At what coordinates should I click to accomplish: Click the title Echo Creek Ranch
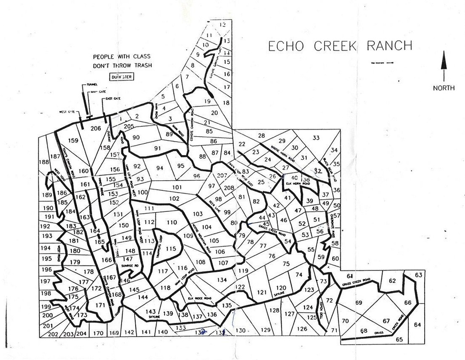(x=340, y=46)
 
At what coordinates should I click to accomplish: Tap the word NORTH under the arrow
(x=443, y=88)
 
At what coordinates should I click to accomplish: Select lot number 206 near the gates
(x=96, y=128)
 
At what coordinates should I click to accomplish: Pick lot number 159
(x=73, y=140)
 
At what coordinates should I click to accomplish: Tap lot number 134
(x=222, y=280)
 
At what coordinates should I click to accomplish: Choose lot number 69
(x=359, y=303)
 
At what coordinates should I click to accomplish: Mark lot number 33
(x=316, y=137)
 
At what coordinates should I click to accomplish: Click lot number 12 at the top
(x=222, y=24)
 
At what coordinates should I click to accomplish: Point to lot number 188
(x=44, y=162)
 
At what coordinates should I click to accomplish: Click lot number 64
(x=418, y=324)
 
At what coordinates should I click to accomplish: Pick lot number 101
(x=177, y=187)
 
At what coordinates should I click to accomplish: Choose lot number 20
(x=214, y=112)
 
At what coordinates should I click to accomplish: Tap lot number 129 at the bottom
(x=266, y=330)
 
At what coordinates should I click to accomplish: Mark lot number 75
(x=286, y=264)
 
